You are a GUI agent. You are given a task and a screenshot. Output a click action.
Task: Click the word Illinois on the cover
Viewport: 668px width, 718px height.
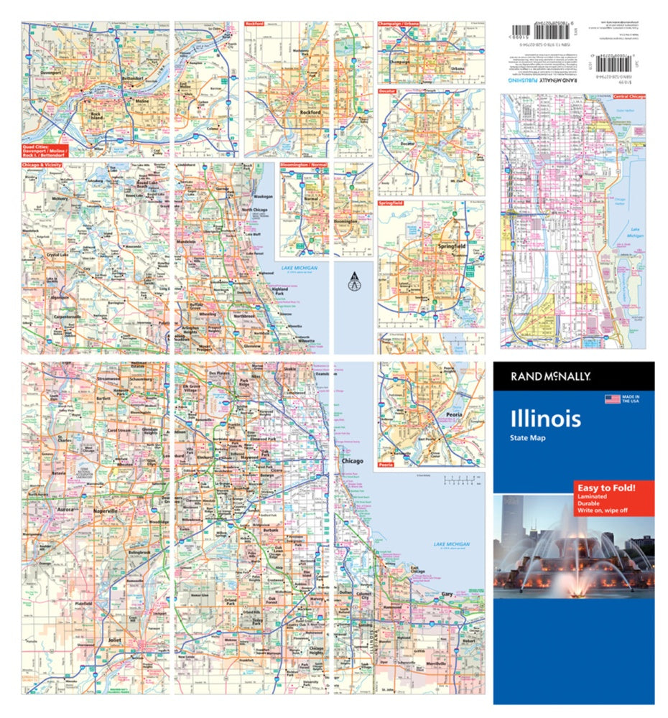[545, 419]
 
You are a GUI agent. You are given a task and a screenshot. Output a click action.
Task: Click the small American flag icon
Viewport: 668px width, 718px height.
[612, 399]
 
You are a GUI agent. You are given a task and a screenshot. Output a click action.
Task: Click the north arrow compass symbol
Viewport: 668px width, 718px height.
[352, 281]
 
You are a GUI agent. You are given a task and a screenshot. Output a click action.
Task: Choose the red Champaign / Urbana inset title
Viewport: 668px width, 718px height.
[399, 24]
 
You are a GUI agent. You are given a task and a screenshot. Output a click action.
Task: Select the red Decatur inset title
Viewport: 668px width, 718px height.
[389, 92]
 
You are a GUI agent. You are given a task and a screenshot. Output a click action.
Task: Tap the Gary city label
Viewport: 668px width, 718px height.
[447, 594]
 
